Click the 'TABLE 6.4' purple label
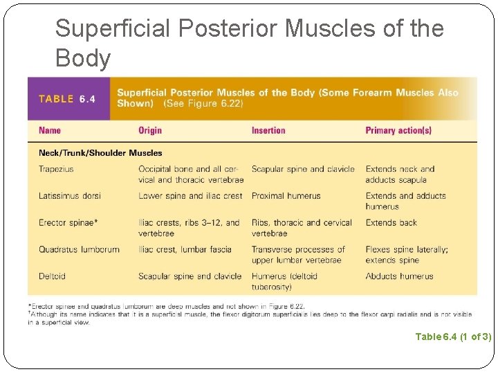67,98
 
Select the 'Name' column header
50,130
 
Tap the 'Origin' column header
150,130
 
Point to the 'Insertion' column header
268,130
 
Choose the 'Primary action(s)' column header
398,130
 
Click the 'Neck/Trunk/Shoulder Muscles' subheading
100,153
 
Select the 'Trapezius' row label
56,169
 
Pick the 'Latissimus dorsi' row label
70,196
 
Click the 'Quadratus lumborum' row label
79,249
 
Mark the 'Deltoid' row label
52,276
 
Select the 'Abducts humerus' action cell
400,276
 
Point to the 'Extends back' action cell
391,223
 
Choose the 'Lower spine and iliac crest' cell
190,196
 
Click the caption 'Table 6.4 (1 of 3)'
453,337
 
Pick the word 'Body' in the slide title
82,59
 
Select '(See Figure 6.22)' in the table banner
203,104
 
